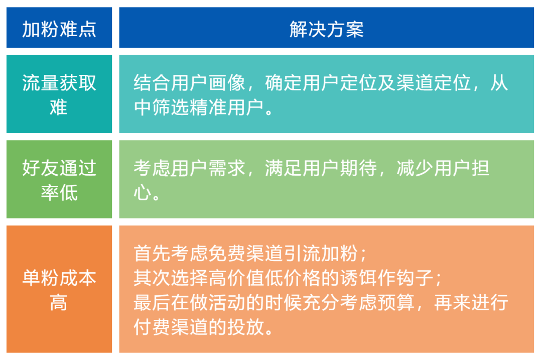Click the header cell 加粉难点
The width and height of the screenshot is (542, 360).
59,30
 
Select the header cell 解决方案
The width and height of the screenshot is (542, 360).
326,30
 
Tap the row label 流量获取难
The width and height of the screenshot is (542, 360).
59,95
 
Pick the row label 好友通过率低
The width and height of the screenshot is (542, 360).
59,180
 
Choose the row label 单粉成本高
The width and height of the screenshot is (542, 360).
59,290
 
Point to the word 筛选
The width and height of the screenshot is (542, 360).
171,107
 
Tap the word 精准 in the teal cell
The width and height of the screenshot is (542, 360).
208,107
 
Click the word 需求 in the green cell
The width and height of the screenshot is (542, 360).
227,168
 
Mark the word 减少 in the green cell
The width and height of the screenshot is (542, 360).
415,168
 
